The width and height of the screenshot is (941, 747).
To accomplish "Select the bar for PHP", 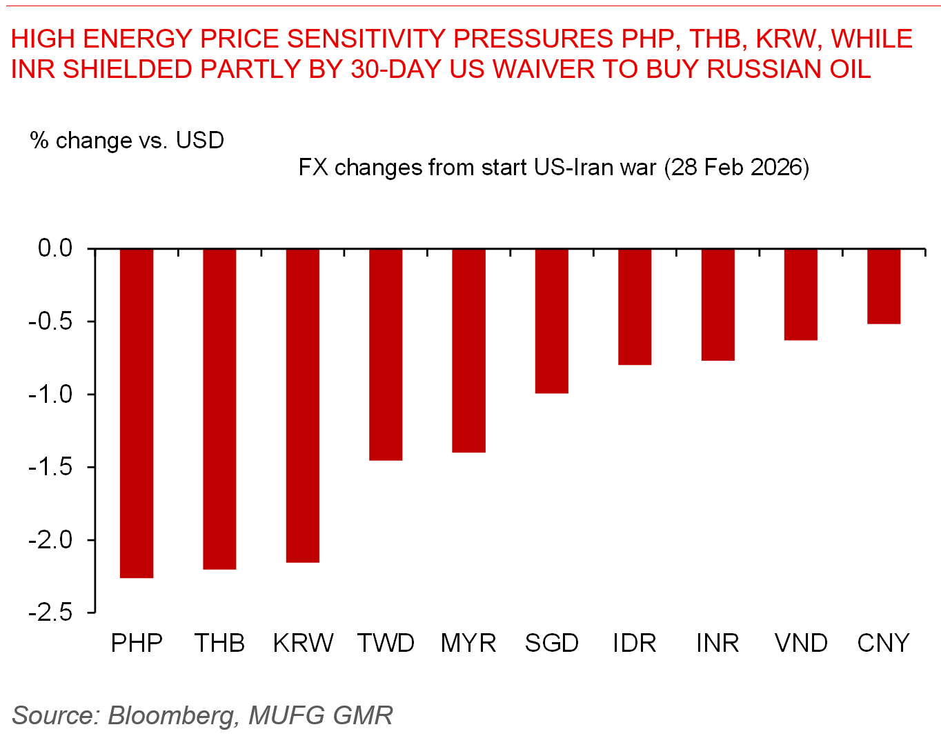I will pos(137,412).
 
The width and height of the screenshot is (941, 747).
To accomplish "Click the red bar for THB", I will pos(219,408).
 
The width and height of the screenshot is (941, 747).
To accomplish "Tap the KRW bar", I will pos(303,405).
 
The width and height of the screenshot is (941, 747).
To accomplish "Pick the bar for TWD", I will pos(386,354).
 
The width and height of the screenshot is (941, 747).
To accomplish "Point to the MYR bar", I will pos(468,350).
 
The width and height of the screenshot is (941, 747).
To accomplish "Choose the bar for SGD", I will pos(552,321).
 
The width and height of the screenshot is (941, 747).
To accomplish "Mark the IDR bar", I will pos(635,306).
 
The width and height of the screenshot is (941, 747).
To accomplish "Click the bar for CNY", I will pos(884,286).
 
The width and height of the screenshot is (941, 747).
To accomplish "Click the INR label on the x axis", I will pos(717,643).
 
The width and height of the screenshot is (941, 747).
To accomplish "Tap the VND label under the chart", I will pos(801,643).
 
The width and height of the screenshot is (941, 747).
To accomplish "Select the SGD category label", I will pos(552,643).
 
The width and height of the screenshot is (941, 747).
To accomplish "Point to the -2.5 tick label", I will pos(50,612).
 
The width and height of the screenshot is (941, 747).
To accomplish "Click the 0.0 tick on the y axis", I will pos(55,248).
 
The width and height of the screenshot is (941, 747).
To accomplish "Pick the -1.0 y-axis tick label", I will pos(50,395).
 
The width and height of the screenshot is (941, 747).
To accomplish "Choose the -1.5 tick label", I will pos(50,467).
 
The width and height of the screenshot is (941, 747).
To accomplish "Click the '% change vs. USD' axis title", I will pos(127,141).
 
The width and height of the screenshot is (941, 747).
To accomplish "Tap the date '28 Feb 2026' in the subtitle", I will pos(737,168).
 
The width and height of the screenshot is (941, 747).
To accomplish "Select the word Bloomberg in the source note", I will pos(170,716).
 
